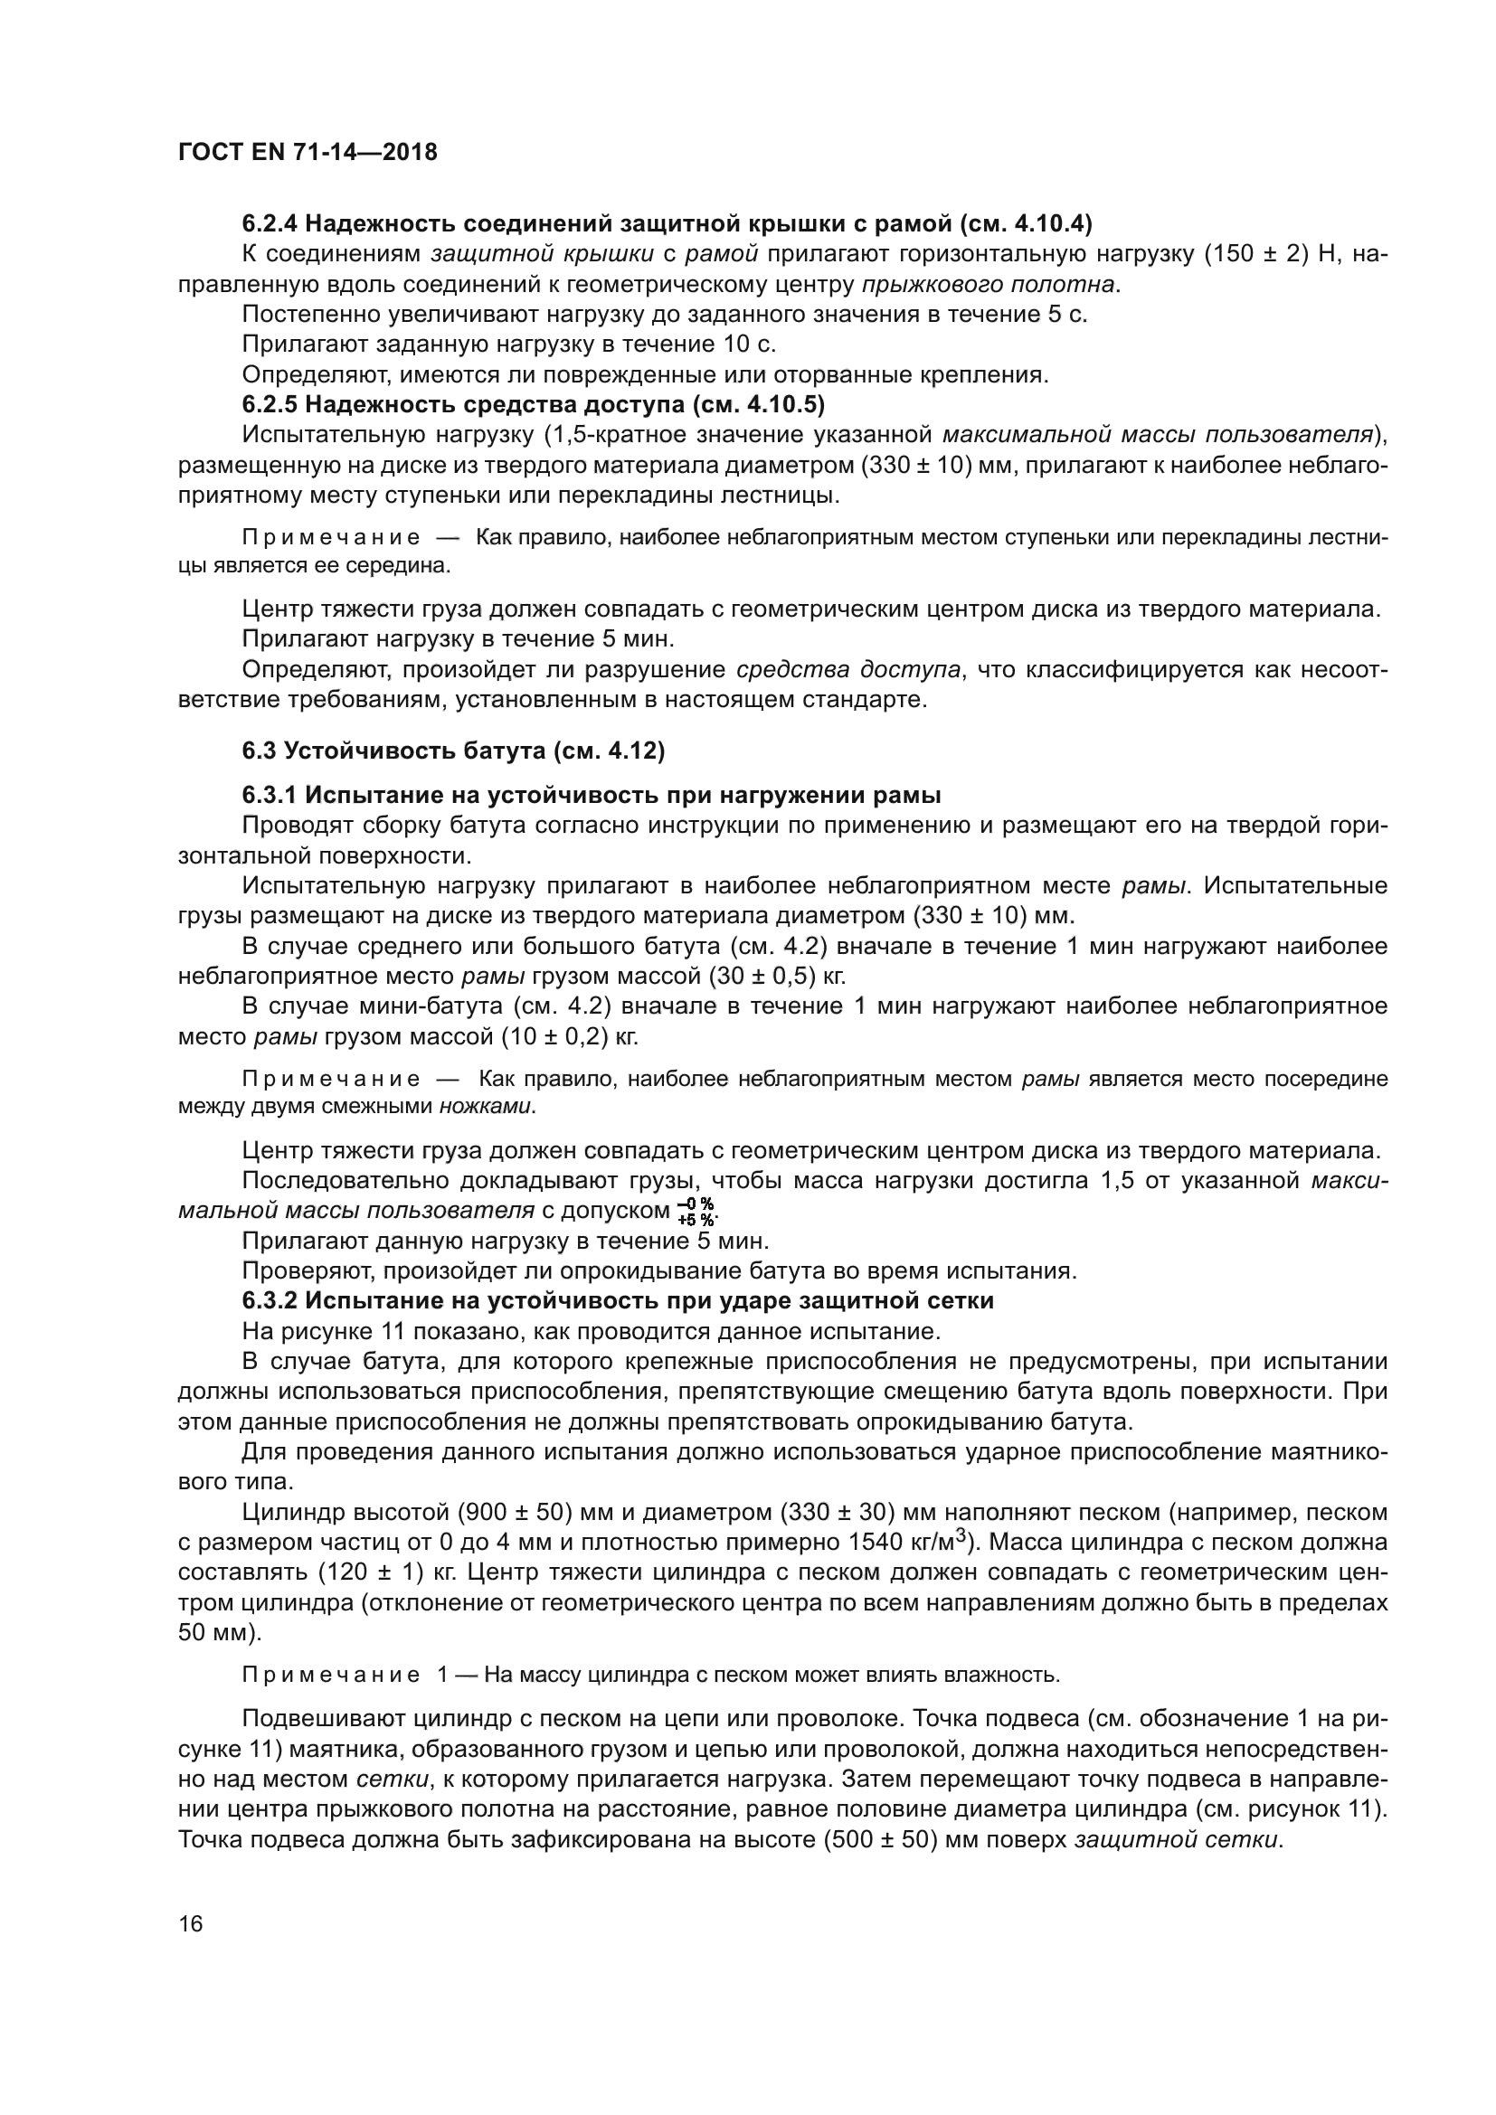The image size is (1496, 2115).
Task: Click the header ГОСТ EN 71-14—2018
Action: (x=307, y=153)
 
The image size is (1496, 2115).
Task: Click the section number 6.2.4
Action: (x=269, y=224)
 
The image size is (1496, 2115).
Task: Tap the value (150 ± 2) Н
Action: (x=1271, y=254)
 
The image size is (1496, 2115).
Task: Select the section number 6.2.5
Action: (x=269, y=404)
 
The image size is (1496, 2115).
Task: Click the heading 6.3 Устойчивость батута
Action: (x=453, y=751)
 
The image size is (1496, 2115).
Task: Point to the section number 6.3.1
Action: (x=269, y=795)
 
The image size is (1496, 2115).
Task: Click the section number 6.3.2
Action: (x=269, y=1300)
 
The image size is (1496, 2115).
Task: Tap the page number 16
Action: (x=191, y=1924)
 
